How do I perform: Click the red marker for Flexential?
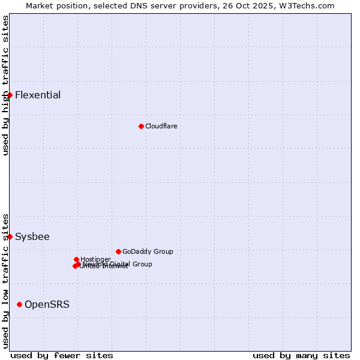click(10, 95)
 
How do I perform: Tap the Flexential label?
click(38, 95)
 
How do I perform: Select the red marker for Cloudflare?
click(141, 126)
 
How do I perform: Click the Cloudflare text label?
click(161, 126)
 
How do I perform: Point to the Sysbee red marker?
click(10, 236)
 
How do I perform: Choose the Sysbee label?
click(32, 236)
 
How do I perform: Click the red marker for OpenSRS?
click(20, 305)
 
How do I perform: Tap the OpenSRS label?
click(47, 305)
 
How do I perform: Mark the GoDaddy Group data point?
click(118, 251)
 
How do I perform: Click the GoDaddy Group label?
click(148, 251)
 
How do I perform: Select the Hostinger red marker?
click(76, 259)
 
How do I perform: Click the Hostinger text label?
click(95, 259)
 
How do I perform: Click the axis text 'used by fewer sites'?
click(62, 355)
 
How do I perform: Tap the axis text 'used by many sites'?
click(301, 355)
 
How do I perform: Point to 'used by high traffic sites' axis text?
click(5, 85)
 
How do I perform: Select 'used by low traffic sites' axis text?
click(5, 281)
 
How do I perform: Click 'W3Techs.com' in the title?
click(310, 5)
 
